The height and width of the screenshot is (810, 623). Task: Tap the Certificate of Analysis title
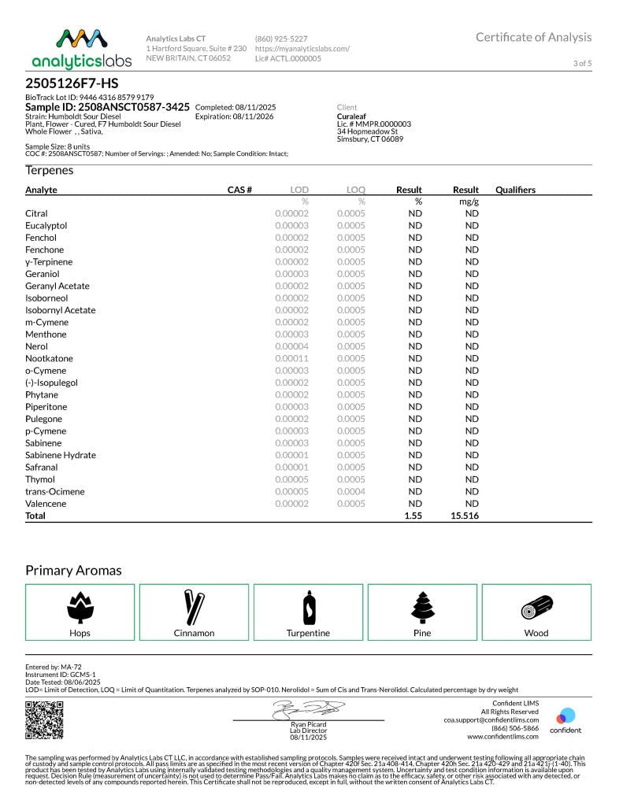(x=533, y=37)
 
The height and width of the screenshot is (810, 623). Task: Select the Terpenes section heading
(x=49, y=171)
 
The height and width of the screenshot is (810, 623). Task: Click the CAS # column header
(x=239, y=190)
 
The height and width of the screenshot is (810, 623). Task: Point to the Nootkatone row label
(x=49, y=358)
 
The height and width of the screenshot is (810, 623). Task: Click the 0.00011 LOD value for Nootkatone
(x=291, y=358)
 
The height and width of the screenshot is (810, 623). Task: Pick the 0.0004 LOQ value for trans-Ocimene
(x=351, y=491)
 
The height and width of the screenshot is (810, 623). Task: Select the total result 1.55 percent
(x=413, y=516)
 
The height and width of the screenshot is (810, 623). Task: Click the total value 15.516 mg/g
(x=465, y=516)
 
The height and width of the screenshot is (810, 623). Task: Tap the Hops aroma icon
(x=80, y=607)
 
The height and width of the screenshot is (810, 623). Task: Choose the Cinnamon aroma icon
(x=194, y=607)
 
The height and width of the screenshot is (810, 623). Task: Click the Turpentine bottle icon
(x=308, y=607)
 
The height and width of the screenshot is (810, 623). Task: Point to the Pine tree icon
(x=422, y=607)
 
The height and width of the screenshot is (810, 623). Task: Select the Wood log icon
(x=536, y=608)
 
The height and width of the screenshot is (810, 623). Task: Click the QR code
(x=44, y=719)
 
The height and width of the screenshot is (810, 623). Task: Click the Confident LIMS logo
(x=566, y=720)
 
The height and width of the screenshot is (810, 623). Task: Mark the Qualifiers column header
(x=515, y=190)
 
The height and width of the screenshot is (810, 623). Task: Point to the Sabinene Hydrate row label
(x=61, y=455)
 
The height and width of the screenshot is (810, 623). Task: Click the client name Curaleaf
(x=350, y=116)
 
